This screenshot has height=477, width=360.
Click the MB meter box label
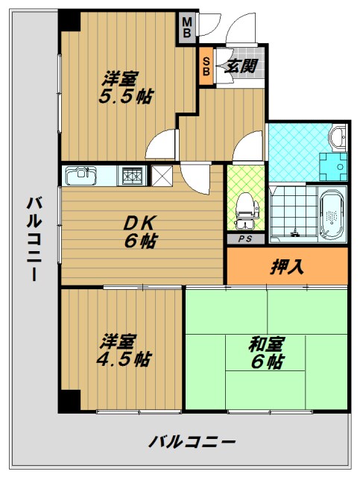point(188,28)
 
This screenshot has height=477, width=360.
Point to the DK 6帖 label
point(139,231)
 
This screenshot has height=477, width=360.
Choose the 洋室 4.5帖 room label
point(125,350)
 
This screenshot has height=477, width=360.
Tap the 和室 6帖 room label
point(265,353)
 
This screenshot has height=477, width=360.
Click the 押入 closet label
point(287,266)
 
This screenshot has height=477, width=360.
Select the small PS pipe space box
point(244,238)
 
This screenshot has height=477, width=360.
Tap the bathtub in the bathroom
point(331,215)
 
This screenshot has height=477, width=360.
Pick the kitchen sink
point(80,177)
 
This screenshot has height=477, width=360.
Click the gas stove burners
point(133,176)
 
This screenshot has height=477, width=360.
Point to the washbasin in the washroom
point(338,136)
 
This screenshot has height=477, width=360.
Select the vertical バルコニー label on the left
point(34,238)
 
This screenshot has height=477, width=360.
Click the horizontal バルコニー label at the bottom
point(192,440)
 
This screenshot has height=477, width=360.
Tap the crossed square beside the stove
point(161,176)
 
